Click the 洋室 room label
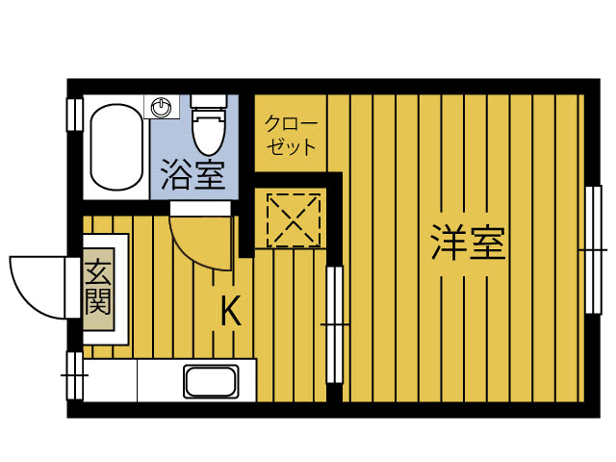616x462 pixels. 469,243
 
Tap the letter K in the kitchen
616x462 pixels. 230,310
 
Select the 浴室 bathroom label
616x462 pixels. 192,175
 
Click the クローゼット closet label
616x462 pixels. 290,136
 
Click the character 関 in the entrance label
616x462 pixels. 97,303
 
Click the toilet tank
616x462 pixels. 208,101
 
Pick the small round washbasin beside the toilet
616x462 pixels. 163,104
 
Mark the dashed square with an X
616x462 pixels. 293,218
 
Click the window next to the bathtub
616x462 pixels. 73,114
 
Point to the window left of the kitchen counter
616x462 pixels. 73,376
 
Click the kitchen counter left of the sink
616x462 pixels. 135,382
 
